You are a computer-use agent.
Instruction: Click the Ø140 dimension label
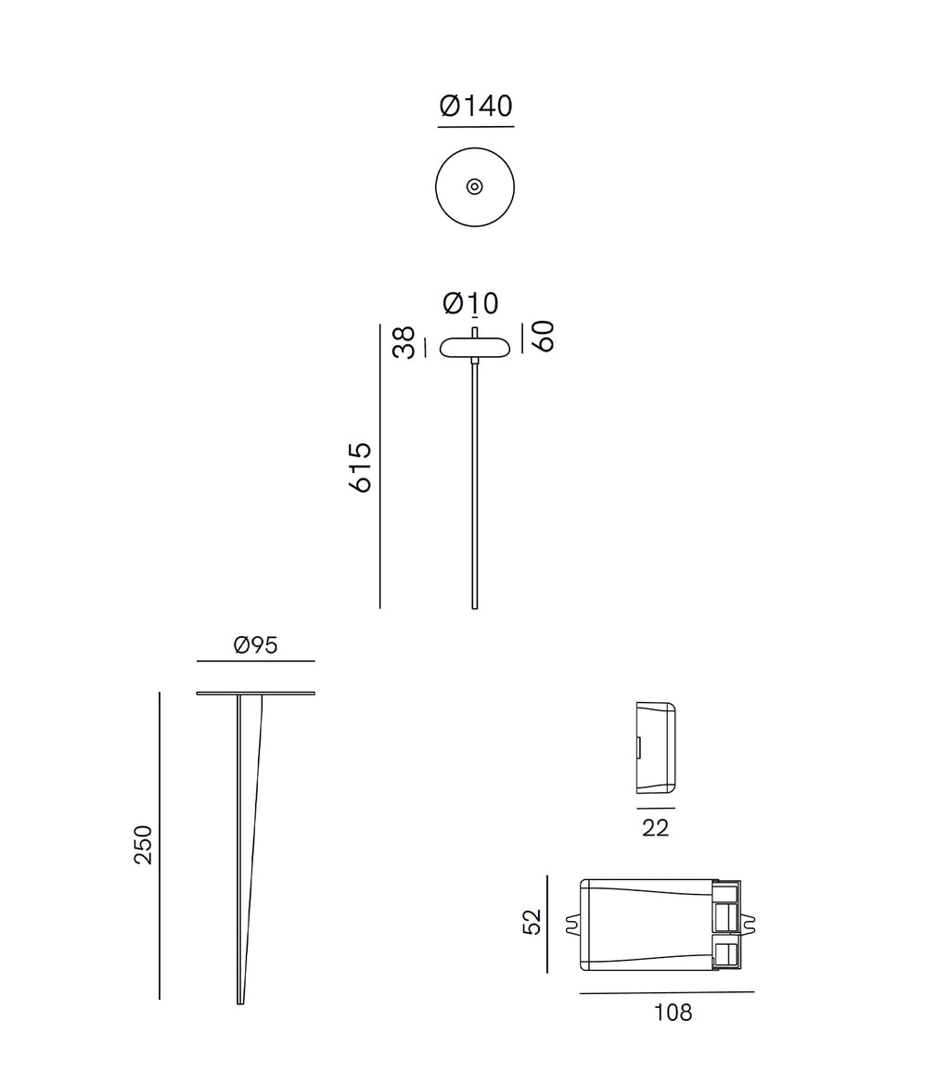coord(475,106)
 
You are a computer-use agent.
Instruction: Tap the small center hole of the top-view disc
coord(474,186)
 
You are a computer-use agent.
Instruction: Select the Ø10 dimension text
coord(470,303)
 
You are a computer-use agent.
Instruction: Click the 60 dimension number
coord(543,336)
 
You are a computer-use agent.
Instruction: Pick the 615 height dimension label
coord(359,467)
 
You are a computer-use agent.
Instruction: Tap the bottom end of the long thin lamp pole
coord(475,606)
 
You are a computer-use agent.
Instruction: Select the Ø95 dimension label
coord(256,645)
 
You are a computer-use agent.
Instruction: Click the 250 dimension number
coord(143,845)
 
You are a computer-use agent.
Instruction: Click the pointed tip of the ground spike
coord(240,1001)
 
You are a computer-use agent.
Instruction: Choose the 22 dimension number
coord(655,828)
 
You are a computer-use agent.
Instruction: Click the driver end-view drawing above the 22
coord(656,748)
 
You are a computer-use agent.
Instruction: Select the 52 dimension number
coord(532,922)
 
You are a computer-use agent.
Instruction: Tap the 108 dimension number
coord(673,1013)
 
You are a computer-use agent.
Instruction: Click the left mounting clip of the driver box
coord(572,925)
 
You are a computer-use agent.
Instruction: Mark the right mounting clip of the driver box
coord(748,925)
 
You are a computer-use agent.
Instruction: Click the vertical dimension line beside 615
coord(379,466)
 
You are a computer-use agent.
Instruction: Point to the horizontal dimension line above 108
coord(666,992)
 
